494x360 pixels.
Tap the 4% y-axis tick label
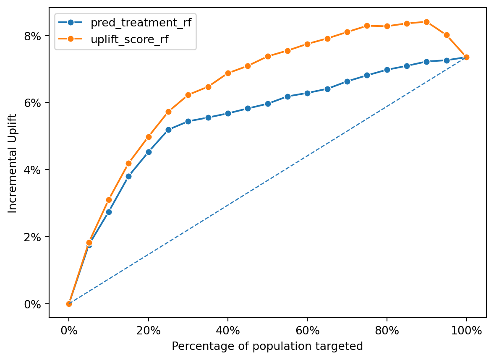33,170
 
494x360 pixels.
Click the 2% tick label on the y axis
33,237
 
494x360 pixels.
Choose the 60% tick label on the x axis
307,331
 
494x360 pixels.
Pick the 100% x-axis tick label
466,331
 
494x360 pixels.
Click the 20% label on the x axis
149,331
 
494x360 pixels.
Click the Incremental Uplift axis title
12,163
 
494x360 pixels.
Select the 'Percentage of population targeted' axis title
267,347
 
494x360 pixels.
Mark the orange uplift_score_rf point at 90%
426,22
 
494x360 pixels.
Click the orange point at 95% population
447,35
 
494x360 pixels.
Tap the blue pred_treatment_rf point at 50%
268,104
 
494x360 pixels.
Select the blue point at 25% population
168,130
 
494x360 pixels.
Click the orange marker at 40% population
228,73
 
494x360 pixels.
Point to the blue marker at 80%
387,70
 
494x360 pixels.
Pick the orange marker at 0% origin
69,304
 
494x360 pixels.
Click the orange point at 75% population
367,26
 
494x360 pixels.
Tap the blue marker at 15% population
128,176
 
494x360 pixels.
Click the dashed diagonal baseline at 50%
268,180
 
